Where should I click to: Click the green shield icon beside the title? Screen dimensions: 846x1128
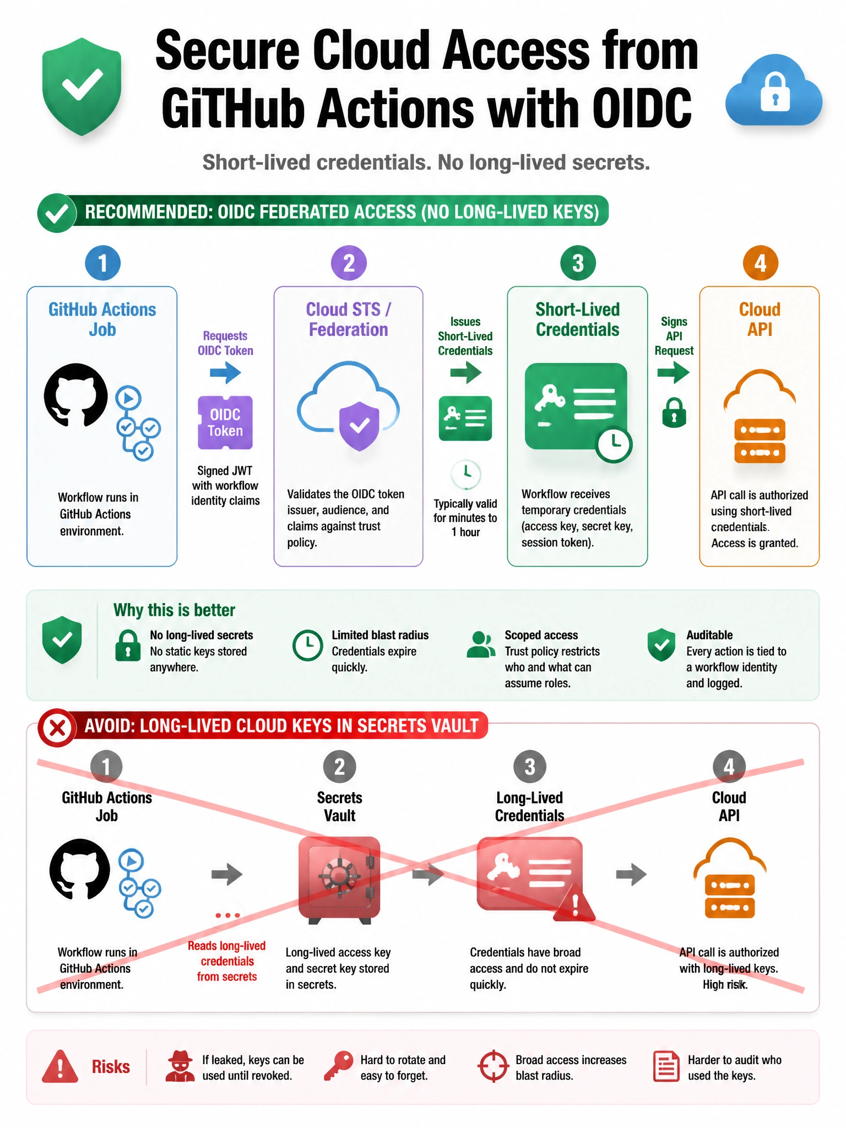point(82,86)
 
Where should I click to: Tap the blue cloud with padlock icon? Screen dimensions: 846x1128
point(774,90)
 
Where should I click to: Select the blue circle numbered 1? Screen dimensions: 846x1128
point(102,263)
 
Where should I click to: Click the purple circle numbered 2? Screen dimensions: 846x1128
point(349,263)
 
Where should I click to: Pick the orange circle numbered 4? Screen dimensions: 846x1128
point(760,263)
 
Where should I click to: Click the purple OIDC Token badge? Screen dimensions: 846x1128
point(225,422)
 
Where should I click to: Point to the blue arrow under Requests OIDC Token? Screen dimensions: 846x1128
point(225,373)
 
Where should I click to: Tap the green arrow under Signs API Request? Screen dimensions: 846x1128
point(674,373)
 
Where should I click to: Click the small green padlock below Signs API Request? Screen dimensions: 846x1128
point(674,413)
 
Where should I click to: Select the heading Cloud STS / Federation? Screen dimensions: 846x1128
point(348,319)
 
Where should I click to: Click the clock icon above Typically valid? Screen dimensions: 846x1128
point(466,474)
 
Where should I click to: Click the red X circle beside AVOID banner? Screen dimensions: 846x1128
point(57,728)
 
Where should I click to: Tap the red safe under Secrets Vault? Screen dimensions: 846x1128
point(339,880)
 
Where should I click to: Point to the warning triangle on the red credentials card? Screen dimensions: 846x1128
point(574,902)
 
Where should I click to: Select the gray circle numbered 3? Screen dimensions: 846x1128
point(530,766)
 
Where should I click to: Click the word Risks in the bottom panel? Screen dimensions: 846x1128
point(111,1067)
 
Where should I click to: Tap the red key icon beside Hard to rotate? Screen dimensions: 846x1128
point(338,1066)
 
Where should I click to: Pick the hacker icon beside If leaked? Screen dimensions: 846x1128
point(180,1066)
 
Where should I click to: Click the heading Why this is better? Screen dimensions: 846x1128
point(174,610)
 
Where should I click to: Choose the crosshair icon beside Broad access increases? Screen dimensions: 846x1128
point(493,1066)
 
